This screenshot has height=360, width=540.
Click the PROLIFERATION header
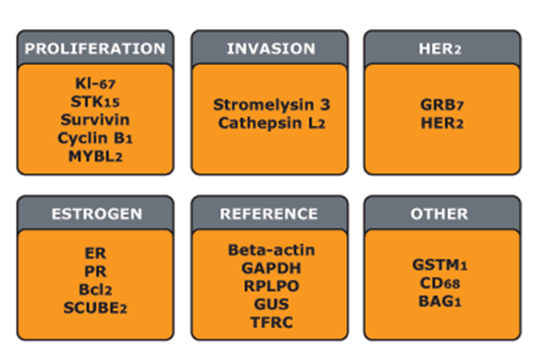click(95, 48)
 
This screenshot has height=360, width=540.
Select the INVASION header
click(270, 48)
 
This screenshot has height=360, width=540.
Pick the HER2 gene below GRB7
click(442, 123)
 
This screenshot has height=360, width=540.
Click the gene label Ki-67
click(96, 83)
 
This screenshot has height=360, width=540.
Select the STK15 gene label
click(96, 101)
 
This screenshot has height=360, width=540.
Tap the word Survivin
click(95, 119)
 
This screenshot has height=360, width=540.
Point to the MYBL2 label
click(96, 155)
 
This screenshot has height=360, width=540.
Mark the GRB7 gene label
click(442, 105)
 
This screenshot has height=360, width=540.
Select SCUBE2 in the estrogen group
click(96, 307)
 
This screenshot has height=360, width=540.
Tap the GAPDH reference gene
click(271, 268)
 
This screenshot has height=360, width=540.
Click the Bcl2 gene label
click(95, 289)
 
